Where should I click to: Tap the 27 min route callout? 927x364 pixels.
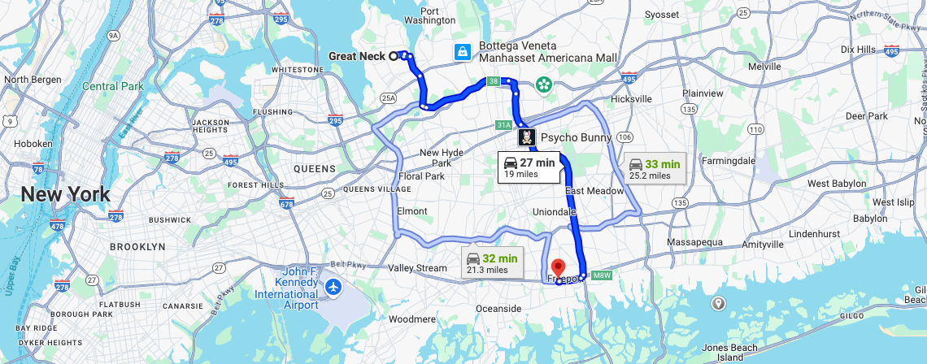click(529, 167)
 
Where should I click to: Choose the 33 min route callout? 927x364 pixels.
click(655, 168)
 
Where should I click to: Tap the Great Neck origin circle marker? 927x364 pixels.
click(393, 56)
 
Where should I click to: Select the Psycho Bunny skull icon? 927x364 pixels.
click(527, 136)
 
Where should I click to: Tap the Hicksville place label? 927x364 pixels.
click(631, 98)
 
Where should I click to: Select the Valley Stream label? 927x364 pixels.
click(417, 268)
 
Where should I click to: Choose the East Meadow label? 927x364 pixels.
click(594, 191)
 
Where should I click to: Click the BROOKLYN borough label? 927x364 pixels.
click(137, 246)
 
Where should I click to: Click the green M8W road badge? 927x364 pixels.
click(601, 276)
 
